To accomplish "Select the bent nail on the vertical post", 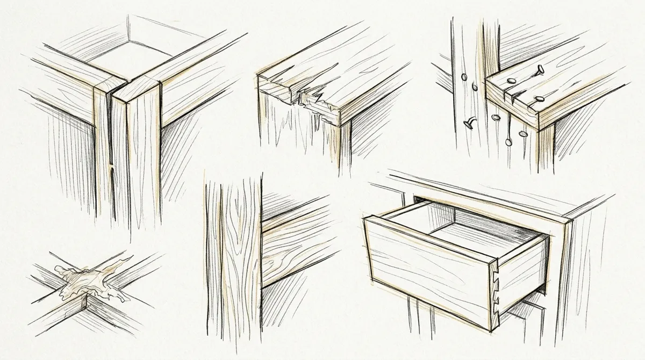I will (469, 124).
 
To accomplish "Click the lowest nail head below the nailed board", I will (507, 141).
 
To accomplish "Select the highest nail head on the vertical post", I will (464, 77).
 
